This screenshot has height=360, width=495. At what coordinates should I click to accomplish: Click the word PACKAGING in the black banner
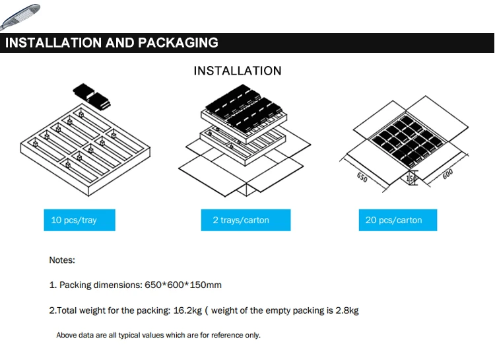pos(178,43)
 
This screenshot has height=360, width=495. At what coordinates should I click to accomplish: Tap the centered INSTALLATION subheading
pos(238,71)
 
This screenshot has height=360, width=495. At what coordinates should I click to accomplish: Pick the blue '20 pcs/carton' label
pos(393,220)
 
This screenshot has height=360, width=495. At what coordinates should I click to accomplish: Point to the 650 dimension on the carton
pos(362,178)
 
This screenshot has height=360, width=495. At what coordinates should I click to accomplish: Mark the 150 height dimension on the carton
pos(410,178)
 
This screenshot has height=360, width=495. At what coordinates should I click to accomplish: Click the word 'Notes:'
pos(62,260)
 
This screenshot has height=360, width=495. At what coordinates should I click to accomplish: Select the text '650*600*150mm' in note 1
pos(181,285)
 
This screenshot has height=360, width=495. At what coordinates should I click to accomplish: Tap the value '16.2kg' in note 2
pos(188,310)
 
